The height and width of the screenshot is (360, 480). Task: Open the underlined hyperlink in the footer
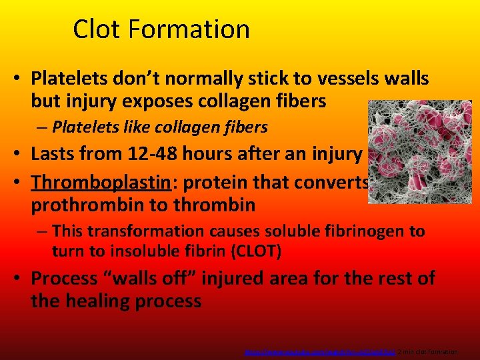pos(320,351)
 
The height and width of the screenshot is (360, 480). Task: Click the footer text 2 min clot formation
pos(427,351)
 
